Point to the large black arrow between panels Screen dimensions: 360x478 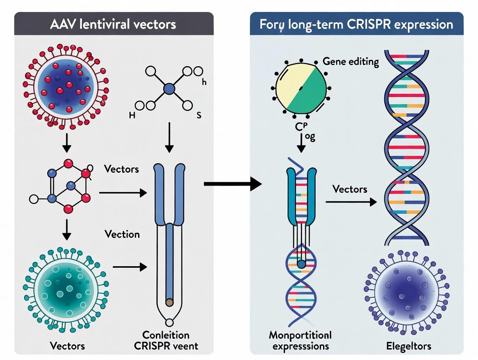point(233,184)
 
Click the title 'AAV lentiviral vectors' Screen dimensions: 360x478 point(113,24)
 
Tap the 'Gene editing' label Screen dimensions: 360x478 point(351,62)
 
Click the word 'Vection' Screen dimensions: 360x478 point(122,235)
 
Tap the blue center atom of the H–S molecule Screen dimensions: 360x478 point(169,90)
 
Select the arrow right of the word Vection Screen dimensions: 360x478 point(130,267)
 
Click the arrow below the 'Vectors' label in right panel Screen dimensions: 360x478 point(351,202)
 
